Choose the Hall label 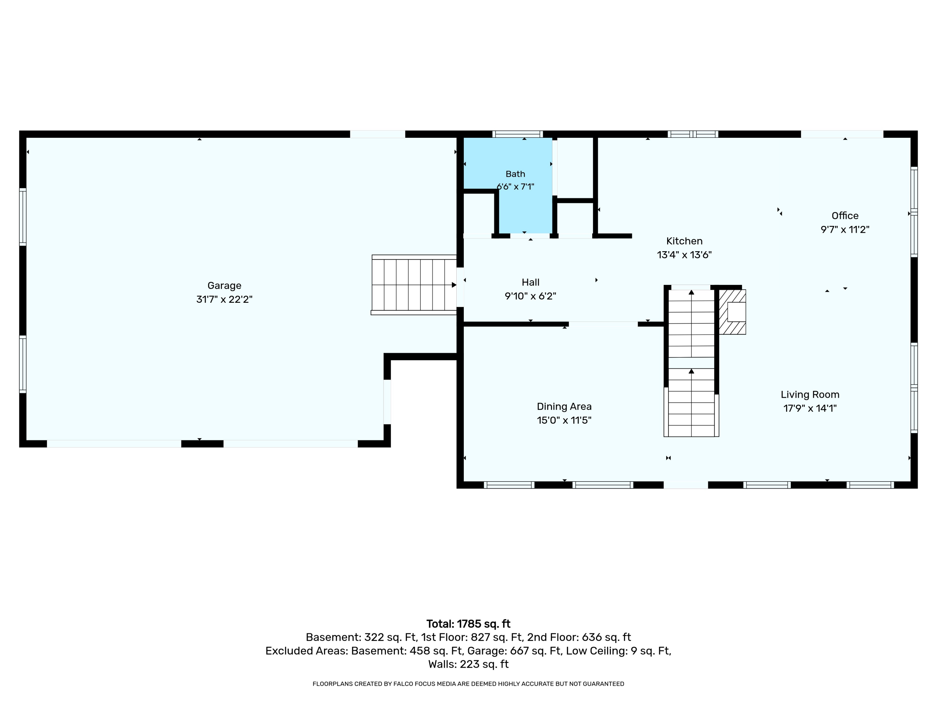tap(530, 282)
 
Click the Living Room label tap(810, 395)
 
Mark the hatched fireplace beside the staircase tap(732, 312)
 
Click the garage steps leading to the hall tap(414, 285)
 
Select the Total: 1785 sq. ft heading tap(468, 624)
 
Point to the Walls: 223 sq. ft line tap(468, 664)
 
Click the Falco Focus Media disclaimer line tap(468, 684)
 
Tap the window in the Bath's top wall tap(518, 134)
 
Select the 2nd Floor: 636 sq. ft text tap(579, 637)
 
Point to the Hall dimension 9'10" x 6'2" tap(530, 296)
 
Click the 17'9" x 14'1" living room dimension tap(810, 408)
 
